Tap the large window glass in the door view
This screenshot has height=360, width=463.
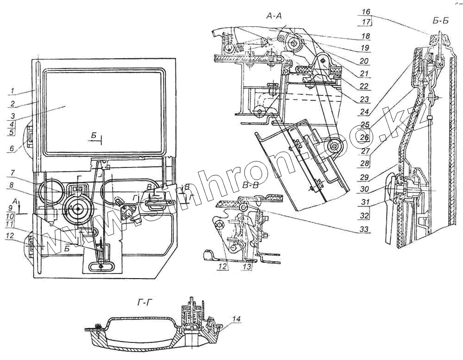click(102, 111)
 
